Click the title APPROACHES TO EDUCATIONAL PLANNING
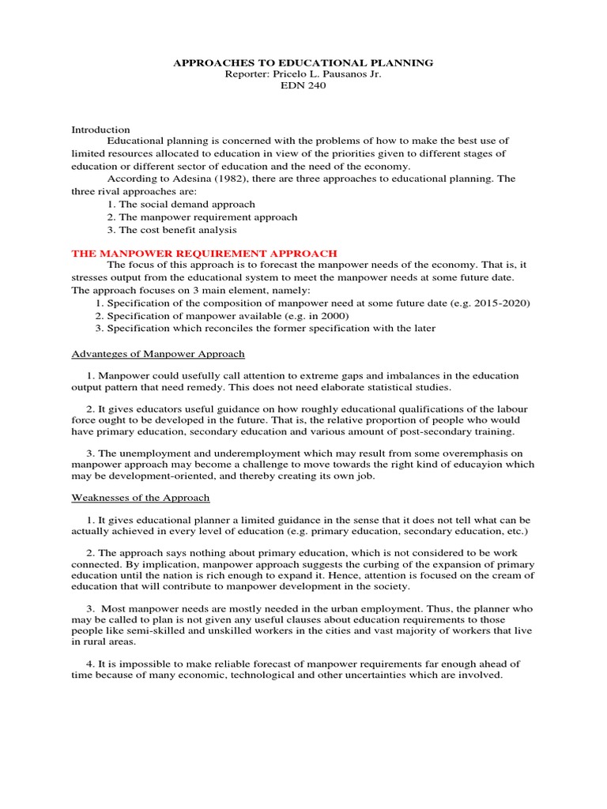303,62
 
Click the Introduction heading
101,130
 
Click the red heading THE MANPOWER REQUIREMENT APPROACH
205,253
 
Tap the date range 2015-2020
499,303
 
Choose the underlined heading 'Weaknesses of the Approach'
141,498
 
